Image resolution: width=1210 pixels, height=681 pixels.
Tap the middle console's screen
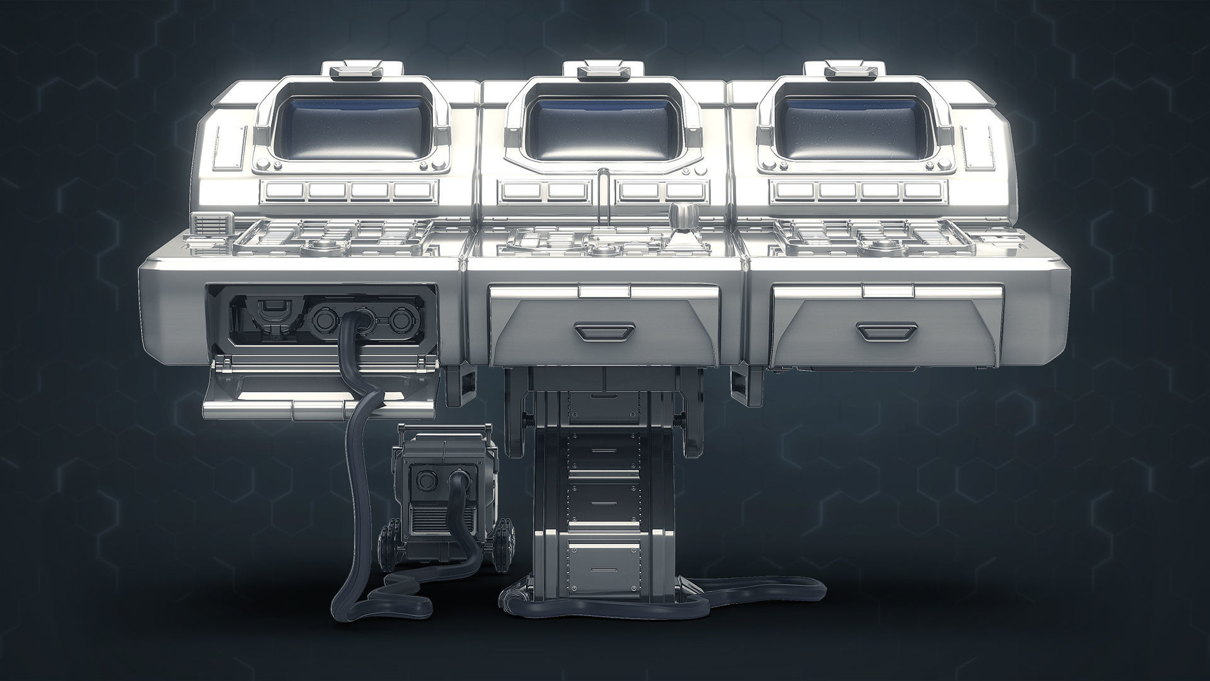coord(604,129)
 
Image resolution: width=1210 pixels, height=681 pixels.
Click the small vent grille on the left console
coord(211,224)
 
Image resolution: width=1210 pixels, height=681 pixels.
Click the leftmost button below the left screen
coord(282,190)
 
